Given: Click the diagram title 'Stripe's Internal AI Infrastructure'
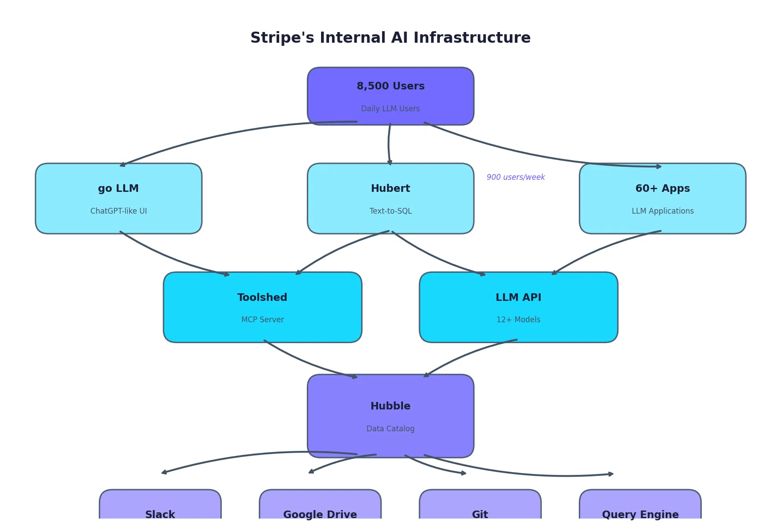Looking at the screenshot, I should pyautogui.click(x=390, y=38).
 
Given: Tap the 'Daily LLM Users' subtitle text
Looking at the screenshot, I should pyautogui.click(x=390, y=109).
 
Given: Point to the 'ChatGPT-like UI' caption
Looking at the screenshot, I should pyautogui.click(x=118, y=211).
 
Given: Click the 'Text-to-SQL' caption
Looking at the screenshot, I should pyautogui.click(x=390, y=211).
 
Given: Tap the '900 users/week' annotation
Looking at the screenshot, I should pyautogui.click(x=515, y=177).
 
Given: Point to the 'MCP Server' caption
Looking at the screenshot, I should pyautogui.click(x=262, y=320).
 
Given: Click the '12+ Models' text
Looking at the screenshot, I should pyautogui.click(x=518, y=320).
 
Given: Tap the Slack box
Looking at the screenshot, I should pyautogui.click(x=160, y=507).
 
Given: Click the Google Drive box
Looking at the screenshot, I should pyautogui.click(x=320, y=507).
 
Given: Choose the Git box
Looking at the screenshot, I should pyautogui.click(x=480, y=507).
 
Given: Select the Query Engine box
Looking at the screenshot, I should pyautogui.click(x=640, y=507).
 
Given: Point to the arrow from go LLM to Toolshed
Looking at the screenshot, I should pyautogui.click(x=169, y=258).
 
